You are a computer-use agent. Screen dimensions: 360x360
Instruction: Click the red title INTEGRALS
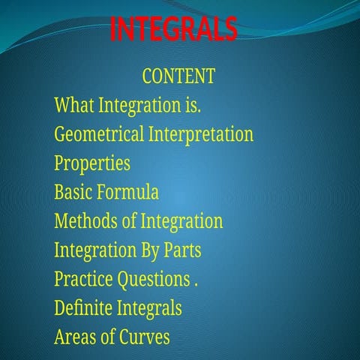pyautogui.click(x=173, y=28)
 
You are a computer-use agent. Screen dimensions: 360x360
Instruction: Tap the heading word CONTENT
pyautogui.click(x=178, y=76)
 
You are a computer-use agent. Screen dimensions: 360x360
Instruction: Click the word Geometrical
pyautogui.click(x=99, y=135)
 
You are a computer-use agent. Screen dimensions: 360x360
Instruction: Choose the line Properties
pyautogui.click(x=91, y=163)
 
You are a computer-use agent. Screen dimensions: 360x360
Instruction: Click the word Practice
pyautogui.click(x=83, y=279)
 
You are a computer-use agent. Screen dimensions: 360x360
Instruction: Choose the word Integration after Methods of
pyautogui.click(x=182, y=221)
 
